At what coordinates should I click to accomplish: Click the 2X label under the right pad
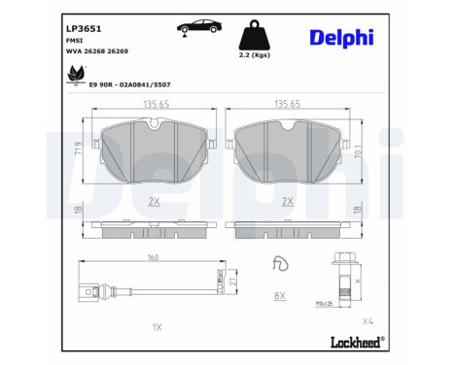tap(288, 201)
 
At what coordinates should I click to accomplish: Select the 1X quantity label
tap(157, 327)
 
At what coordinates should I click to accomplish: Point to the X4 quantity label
tap(368, 319)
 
